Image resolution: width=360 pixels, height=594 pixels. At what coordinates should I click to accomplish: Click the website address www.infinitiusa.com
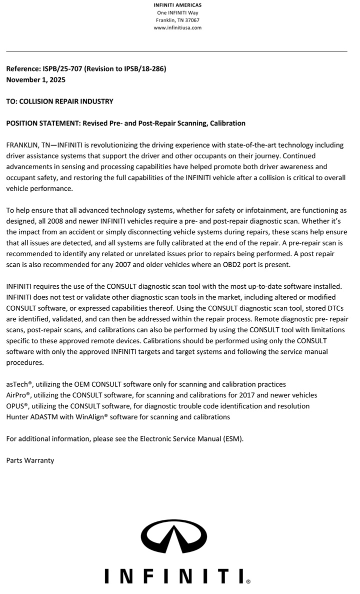click(177, 28)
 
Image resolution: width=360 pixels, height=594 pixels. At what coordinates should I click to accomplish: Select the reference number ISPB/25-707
click(62, 69)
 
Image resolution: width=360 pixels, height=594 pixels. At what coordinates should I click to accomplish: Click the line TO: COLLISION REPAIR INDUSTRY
click(59, 102)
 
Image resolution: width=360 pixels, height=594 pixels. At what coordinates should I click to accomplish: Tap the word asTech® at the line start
click(19, 384)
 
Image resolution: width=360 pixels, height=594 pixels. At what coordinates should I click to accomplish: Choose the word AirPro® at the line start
click(19, 395)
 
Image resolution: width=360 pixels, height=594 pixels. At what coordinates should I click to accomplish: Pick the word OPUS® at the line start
click(18, 406)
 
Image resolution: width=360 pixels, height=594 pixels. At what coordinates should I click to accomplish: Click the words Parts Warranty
click(30, 460)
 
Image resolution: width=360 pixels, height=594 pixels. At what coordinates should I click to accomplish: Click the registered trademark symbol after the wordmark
click(248, 582)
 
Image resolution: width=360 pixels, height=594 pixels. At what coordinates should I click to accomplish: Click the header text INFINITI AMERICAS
click(177, 6)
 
